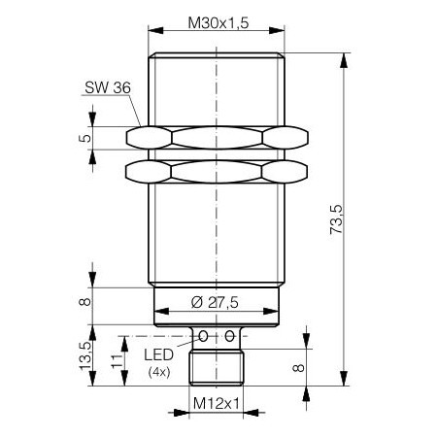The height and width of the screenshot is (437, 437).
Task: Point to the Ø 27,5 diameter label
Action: [x=217, y=301]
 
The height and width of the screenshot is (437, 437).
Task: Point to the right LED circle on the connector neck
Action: [x=230, y=336]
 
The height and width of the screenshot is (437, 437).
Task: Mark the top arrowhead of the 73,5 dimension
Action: [x=345, y=58]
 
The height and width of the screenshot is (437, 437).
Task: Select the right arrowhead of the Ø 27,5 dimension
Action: [x=274, y=314]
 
